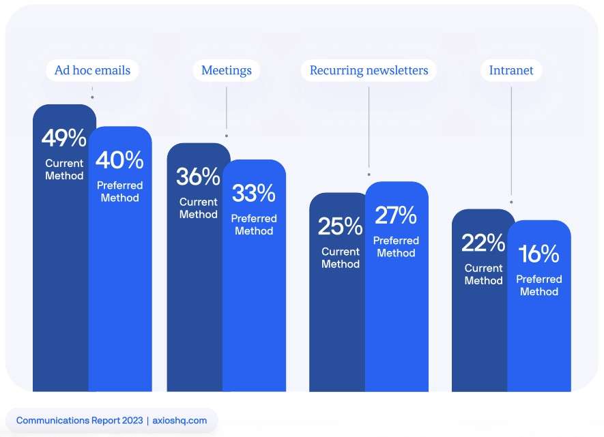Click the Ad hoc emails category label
click(x=92, y=70)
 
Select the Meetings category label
click(x=226, y=70)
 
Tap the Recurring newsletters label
click(x=369, y=70)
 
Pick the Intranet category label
click(x=511, y=70)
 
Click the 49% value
click(x=64, y=138)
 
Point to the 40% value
click(x=119, y=160)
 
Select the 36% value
click(x=198, y=177)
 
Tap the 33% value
click(x=254, y=194)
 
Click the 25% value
click(x=340, y=226)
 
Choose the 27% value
click(x=396, y=215)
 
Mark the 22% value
click(x=483, y=243)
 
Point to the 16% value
click(x=538, y=254)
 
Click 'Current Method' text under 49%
click(x=64, y=169)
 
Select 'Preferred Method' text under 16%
click(x=538, y=285)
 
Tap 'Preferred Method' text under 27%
click(x=396, y=247)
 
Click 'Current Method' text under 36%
click(x=198, y=208)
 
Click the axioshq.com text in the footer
click(x=179, y=421)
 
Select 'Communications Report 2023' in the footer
click(x=78, y=421)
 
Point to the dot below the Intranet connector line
click(x=511, y=202)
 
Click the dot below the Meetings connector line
click(x=226, y=136)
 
